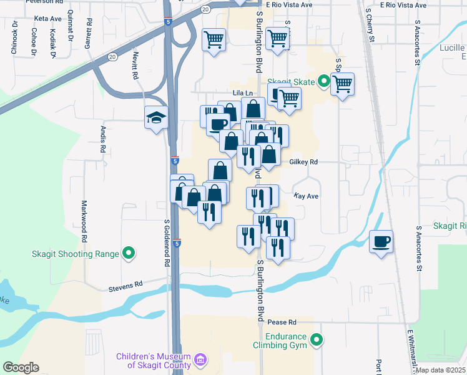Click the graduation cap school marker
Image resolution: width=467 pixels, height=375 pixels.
click(x=155, y=117)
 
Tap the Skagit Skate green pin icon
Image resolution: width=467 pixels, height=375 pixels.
click(x=323, y=81)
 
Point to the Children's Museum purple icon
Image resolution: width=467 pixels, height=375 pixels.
click(x=200, y=359)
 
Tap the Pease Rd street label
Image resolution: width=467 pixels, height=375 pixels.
click(x=282, y=322)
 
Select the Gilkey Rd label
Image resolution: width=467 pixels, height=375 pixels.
click(x=304, y=162)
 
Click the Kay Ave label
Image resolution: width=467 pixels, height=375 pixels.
click(x=306, y=196)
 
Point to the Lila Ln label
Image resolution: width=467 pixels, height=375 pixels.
click(x=242, y=94)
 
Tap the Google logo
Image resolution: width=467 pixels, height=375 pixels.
click(x=21, y=367)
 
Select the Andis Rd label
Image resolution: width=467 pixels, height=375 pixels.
click(x=103, y=139)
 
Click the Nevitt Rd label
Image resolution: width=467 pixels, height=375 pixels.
click(x=134, y=65)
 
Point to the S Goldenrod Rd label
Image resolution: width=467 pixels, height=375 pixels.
click(x=167, y=243)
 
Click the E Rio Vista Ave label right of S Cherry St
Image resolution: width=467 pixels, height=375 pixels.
click(x=406, y=4)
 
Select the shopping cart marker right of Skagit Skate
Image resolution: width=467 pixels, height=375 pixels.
click(x=342, y=84)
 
